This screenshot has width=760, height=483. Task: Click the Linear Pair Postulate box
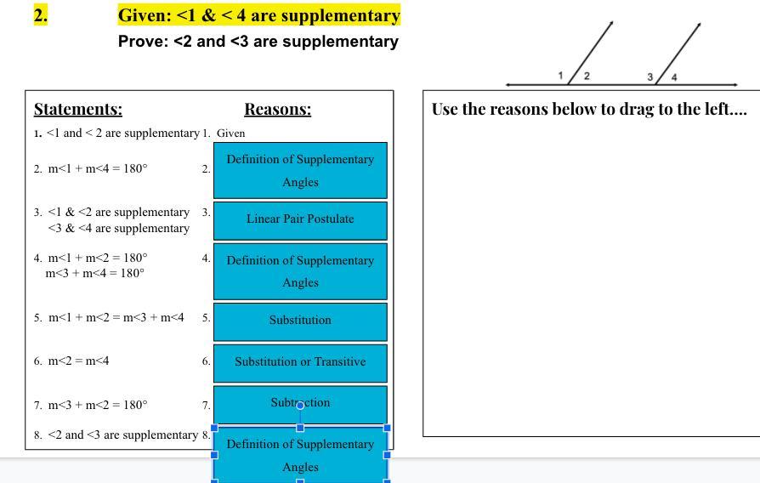300,219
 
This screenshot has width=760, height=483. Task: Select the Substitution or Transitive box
300,362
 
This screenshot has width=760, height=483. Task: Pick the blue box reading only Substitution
300,321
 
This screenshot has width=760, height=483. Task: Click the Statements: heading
78,109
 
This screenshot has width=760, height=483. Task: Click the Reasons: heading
277,109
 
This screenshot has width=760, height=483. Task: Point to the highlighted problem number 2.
40,14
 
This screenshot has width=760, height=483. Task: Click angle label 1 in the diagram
561,76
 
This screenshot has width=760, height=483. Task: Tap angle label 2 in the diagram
587,76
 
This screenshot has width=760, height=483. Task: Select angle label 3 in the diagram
650,77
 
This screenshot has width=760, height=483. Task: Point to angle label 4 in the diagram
674,77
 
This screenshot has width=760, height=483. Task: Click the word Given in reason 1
231,133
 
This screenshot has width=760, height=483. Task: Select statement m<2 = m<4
78,361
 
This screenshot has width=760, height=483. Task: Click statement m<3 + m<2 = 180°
97,405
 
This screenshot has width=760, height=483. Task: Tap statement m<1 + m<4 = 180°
97,168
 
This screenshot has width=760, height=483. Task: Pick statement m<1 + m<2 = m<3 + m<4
116,318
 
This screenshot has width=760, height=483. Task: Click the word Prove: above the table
143,41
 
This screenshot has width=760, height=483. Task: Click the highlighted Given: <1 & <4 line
258,15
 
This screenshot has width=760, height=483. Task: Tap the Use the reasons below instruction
588,109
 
